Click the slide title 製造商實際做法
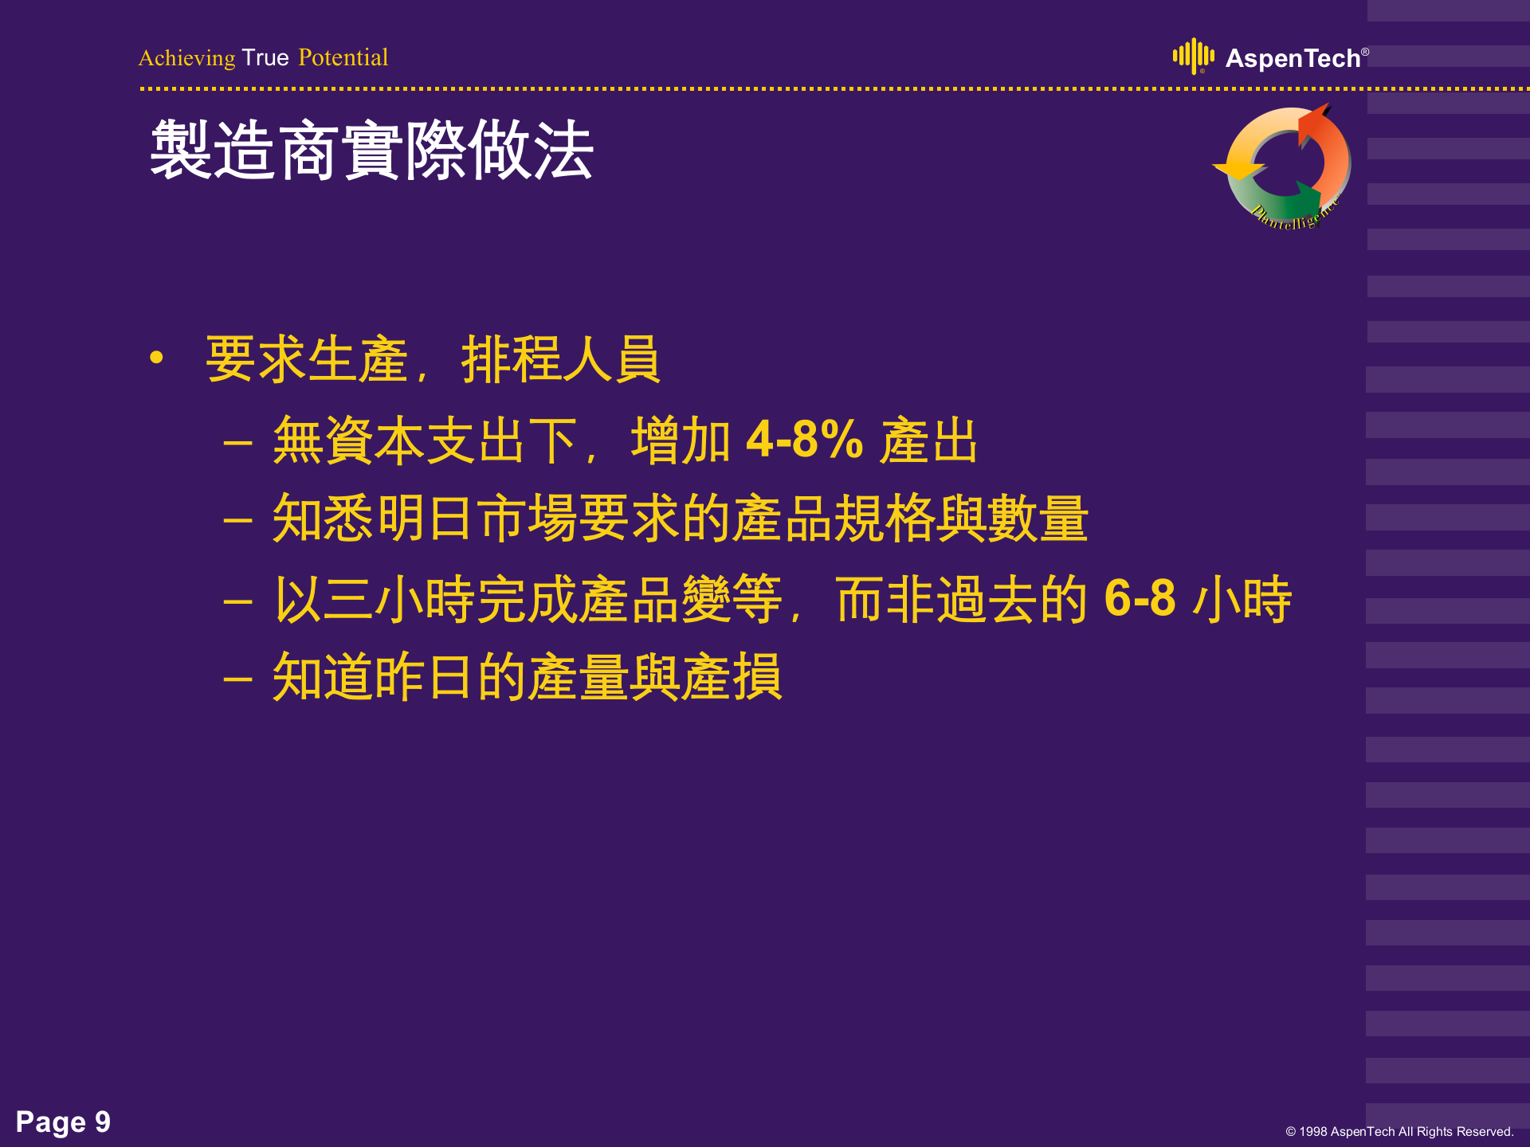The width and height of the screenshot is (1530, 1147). point(371,150)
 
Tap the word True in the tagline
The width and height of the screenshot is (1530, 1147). point(265,57)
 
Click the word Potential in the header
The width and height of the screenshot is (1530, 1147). point(343,57)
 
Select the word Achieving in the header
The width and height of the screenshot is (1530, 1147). point(187,58)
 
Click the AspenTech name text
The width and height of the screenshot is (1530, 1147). point(1293,58)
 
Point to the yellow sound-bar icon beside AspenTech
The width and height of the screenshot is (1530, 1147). point(1193,56)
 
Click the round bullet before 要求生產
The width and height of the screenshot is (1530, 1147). point(156,358)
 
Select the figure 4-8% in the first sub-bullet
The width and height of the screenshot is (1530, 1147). point(804,439)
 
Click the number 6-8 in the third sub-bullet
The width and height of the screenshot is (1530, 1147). point(1140,598)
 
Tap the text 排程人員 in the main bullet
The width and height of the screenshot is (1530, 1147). point(560,359)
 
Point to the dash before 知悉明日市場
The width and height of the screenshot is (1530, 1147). point(237,521)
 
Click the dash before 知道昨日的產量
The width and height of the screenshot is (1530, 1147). point(237,679)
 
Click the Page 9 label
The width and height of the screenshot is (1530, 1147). point(63,1122)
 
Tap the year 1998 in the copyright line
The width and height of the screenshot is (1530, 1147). point(1313,1132)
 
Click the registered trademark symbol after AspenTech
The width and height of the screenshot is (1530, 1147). point(1365,52)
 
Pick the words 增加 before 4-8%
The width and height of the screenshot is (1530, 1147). point(681,440)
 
